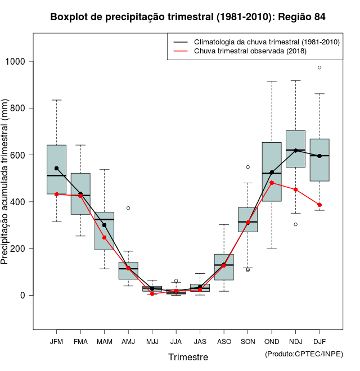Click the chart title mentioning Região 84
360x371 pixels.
click(188, 17)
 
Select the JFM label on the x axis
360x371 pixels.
click(56, 341)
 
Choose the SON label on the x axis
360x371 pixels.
click(247, 341)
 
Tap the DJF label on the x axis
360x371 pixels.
click(319, 341)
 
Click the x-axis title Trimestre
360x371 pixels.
click(188, 357)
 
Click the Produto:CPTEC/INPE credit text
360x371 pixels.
click(304, 354)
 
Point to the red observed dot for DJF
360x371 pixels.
click(319, 205)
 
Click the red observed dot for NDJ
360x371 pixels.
click(295, 189)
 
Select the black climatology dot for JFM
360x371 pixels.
click(56, 168)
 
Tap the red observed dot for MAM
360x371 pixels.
click(104, 237)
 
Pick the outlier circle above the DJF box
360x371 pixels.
click(319, 67)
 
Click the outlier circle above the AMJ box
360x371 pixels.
click(128, 208)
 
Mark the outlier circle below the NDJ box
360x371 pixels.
click(295, 224)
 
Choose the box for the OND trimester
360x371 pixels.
click(272, 171)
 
